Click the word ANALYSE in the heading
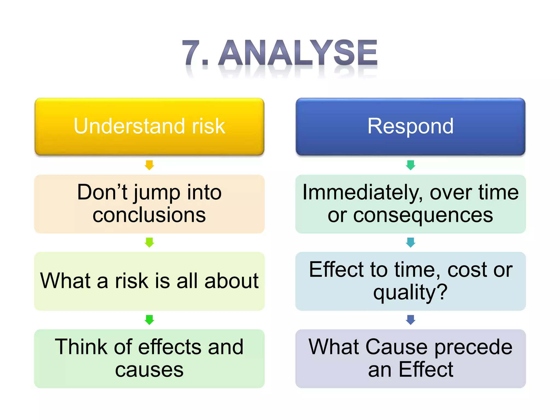298,52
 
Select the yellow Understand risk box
149,126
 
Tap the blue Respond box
410,126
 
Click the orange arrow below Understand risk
149,165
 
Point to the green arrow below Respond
410,165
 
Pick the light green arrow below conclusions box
149,242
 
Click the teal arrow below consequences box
410,242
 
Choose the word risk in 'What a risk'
132,281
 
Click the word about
231,281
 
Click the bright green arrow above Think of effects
149,320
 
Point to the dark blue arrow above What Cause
410,320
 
